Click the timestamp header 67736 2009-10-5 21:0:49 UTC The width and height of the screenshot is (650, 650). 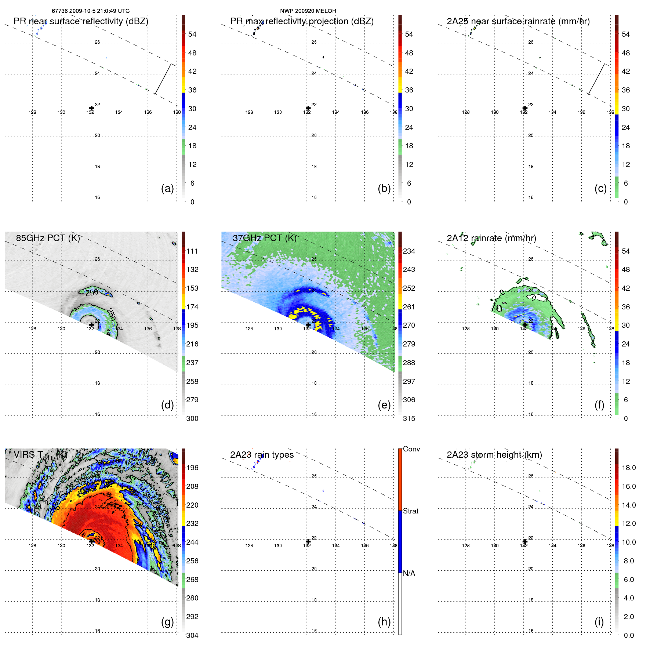coord(90,11)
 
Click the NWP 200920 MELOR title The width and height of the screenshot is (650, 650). coord(308,11)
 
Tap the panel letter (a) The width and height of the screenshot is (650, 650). coord(167,188)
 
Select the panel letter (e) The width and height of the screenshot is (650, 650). coord(384,405)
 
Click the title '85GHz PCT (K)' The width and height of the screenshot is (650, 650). coord(48,238)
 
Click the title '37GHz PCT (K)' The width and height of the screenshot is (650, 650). coord(264,238)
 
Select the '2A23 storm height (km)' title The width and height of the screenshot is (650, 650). coord(494,455)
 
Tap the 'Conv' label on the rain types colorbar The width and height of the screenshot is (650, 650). coord(411,449)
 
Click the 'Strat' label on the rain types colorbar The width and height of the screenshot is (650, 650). coord(410,511)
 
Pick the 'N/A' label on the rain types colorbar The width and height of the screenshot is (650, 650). coord(409,573)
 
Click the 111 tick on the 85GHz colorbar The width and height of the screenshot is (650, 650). coord(192,251)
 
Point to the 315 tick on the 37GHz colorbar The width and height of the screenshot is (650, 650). coord(409,418)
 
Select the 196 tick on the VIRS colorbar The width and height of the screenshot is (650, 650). coord(192,468)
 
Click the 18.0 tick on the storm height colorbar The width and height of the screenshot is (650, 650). coord(629,468)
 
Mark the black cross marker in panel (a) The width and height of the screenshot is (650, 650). coord(91,108)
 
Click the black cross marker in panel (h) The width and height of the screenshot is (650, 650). coord(308,541)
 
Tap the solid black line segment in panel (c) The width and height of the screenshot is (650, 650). coord(596,79)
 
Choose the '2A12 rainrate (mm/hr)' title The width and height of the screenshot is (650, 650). coord(491,238)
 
